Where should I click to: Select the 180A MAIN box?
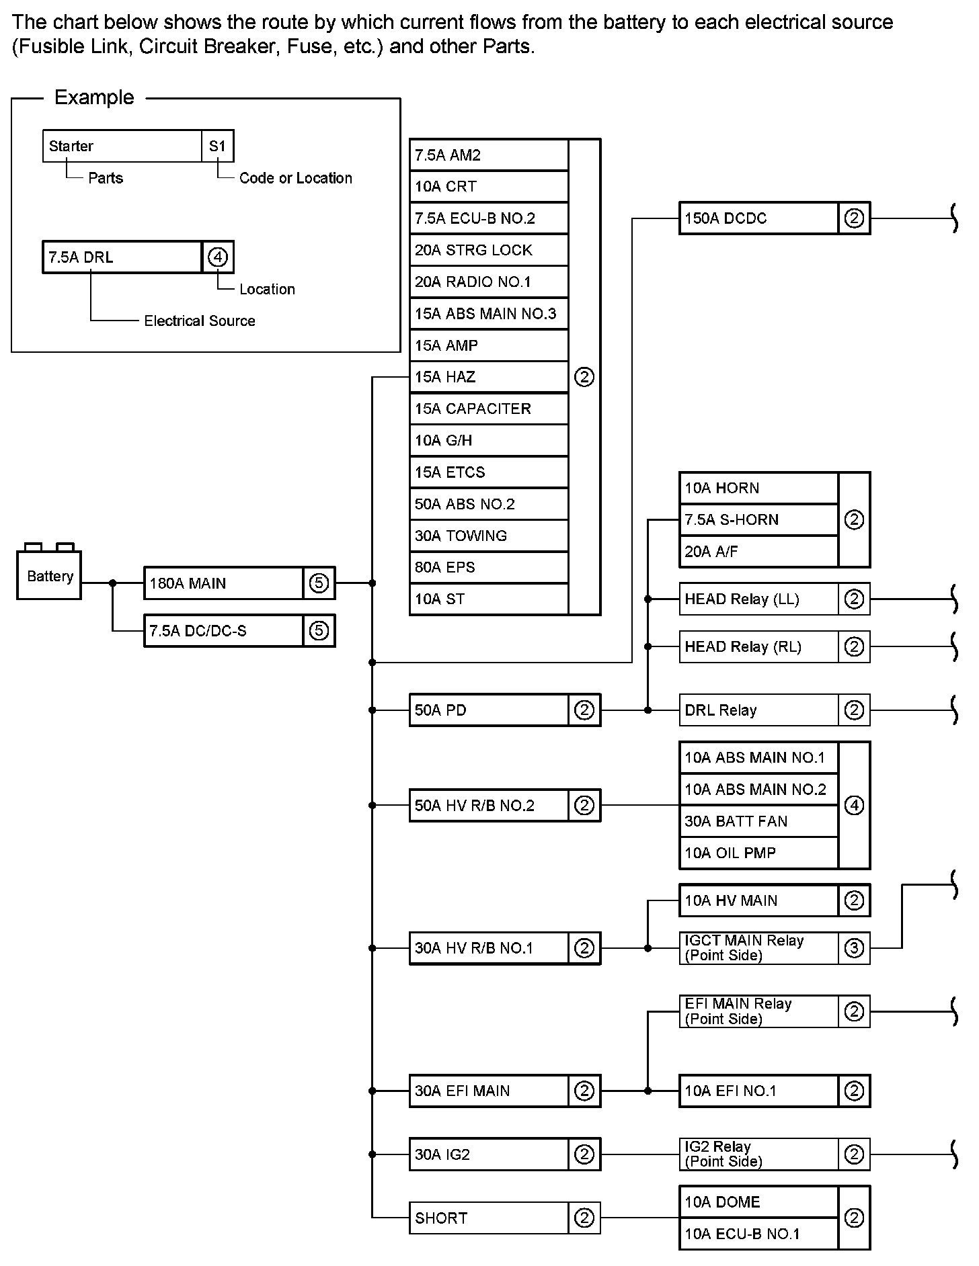point(223,583)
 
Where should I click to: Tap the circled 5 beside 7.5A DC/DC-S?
point(319,631)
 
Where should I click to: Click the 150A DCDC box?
point(758,218)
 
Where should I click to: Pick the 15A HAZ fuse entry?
point(489,377)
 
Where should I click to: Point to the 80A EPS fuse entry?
point(489,567)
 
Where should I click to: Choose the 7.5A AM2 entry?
point(489,155)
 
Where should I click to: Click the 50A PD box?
point(489,710)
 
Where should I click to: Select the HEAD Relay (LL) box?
point(758,599)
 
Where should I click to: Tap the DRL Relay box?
point(758,710)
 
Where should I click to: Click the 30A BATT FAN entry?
point(758,821)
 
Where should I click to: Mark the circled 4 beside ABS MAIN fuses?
point(854,805)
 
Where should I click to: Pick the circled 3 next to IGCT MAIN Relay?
point(854,948)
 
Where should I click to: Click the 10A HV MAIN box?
point(758,900)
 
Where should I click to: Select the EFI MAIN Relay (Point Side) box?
point(758,1011)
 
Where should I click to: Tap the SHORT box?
point(489,1218)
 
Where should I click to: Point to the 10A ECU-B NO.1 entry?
point(758,1234)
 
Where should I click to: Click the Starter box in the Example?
point(122,146)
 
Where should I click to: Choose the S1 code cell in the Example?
point(217,146)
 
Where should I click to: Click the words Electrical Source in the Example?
point(200,321)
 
